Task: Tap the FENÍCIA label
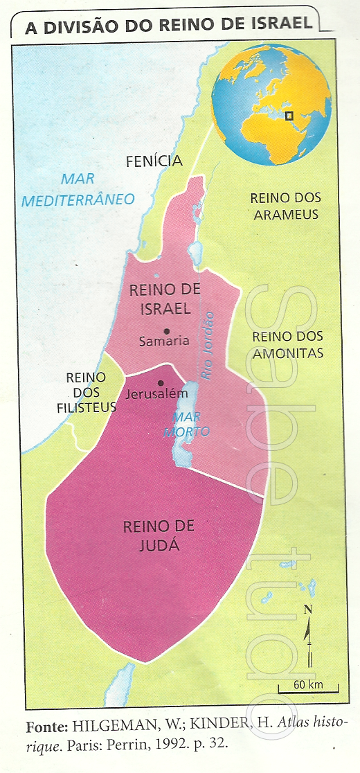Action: [x=154, y=161]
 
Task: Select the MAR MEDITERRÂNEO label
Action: [x=78, y=190]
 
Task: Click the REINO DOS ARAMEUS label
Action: [x=286, y=206]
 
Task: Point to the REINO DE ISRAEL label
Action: [x=160, y=299]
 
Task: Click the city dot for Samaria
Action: [x=166, y=330]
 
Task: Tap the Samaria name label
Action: [x=163, y=341]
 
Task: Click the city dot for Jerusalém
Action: [x=161, y=383]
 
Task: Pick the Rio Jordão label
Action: [x=208, y=346]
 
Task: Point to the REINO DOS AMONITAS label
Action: [x=288, y=345]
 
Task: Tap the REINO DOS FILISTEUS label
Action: [x=86, y=392]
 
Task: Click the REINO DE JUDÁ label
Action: [x=159, y=535]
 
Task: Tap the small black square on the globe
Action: [x=291, y=116]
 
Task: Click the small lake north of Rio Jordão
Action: [x=195, y=248]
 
